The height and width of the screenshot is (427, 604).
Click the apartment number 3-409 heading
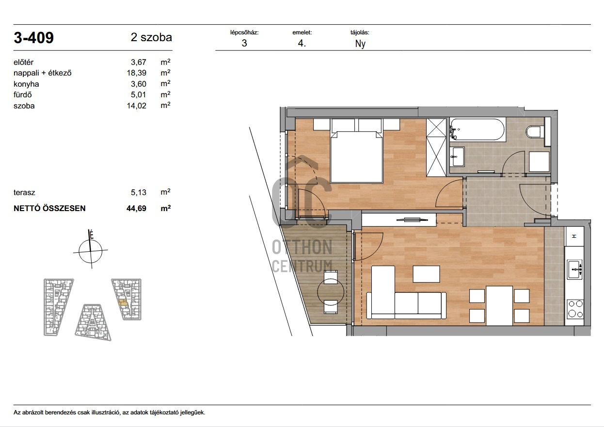(34, 37)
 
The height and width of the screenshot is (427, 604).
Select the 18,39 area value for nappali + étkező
(136, 73)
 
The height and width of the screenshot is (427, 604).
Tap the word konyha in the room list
(26, 84)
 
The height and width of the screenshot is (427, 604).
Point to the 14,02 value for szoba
(136, 106)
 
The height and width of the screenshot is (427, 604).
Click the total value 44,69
(136, 208)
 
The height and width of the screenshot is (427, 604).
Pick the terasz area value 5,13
(138, 192)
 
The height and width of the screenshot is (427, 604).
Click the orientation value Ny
(360, 44)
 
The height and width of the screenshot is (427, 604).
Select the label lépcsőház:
(244, 32)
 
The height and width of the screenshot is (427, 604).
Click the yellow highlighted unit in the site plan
(123, 302)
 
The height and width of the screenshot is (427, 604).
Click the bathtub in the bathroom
(477, 129)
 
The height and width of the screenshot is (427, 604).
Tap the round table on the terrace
(331, 292)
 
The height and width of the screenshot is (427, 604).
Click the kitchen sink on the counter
(574, 269)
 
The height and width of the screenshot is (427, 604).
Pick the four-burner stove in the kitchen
(575, 309)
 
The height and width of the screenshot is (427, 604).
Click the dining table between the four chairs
(499, 306)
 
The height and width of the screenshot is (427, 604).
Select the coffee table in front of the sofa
(426, 274)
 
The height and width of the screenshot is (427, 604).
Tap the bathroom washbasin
(457, 156)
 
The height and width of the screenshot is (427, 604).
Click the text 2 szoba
(151, 37)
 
